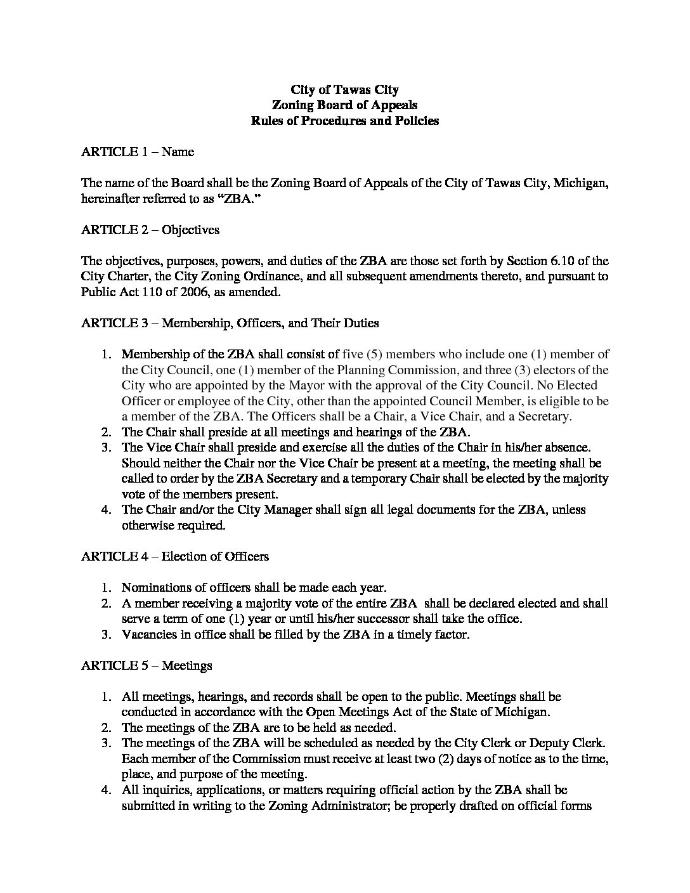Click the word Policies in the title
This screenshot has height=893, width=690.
point(413,121)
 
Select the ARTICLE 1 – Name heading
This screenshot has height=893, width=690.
point(138,152)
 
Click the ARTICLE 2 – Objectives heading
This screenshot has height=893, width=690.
point(150,230)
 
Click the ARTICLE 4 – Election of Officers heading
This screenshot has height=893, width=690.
point(175,556)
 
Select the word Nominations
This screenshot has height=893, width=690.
point(155,587)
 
